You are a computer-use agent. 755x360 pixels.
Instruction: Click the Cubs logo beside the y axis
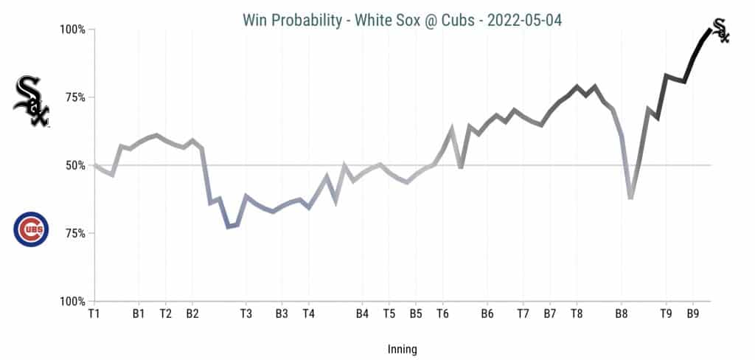click(x=31, y=229)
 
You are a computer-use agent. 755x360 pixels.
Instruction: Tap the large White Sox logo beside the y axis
click(x=31, y=101)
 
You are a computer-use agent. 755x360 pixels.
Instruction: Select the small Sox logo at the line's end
click(x=720, y=30)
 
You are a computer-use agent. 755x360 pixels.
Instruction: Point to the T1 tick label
click(x=94, y=314)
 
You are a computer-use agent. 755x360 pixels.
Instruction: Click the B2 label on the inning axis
click(x=192, y=314)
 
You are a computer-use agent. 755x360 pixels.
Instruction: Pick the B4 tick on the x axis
click(x=362, y=314)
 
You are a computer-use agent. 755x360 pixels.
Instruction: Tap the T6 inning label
click(x=442, y=314)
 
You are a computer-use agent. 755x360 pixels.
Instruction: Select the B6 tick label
click(x=487, y=314)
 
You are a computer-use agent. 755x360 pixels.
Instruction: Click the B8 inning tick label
click(x=622, y=314)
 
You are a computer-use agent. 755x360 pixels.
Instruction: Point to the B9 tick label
click(x=693, y=314)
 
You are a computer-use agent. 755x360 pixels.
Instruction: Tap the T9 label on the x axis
click(x=666, y=314)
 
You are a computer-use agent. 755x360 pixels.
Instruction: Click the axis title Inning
click(x=402, y=349)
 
